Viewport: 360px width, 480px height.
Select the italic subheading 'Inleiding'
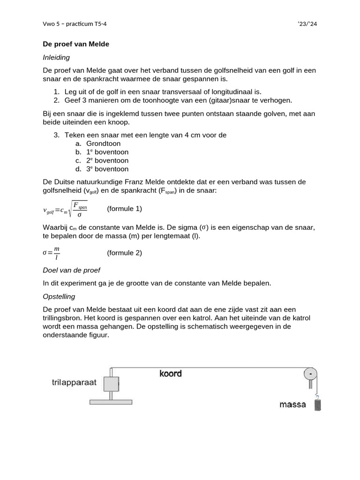56,57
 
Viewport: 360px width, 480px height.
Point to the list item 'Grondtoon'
104,143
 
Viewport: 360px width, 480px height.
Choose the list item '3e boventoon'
107,169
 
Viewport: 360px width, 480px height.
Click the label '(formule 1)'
124,208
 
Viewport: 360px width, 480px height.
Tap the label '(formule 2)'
124,253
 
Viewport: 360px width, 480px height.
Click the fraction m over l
57,253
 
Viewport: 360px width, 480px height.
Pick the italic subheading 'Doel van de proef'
71,270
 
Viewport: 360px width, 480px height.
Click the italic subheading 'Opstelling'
59,297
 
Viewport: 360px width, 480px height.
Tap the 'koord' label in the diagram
170,374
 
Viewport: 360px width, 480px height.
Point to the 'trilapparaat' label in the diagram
74,382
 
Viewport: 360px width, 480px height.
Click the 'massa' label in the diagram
293,404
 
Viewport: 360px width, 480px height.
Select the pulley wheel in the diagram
310,374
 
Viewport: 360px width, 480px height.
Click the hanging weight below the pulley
317,404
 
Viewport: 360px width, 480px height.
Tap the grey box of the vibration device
111,384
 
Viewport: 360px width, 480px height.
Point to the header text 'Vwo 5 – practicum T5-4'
78,23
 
